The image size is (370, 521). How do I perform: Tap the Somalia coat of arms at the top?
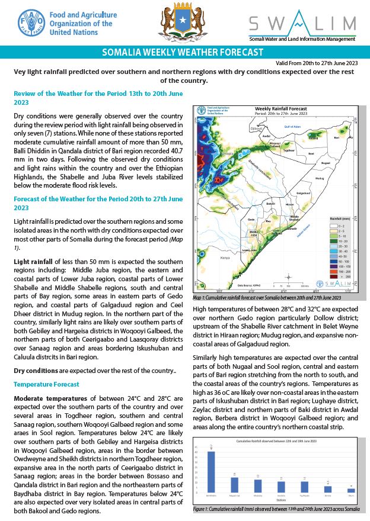coord(179,23)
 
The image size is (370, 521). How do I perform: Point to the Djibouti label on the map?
coord(256,128)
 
